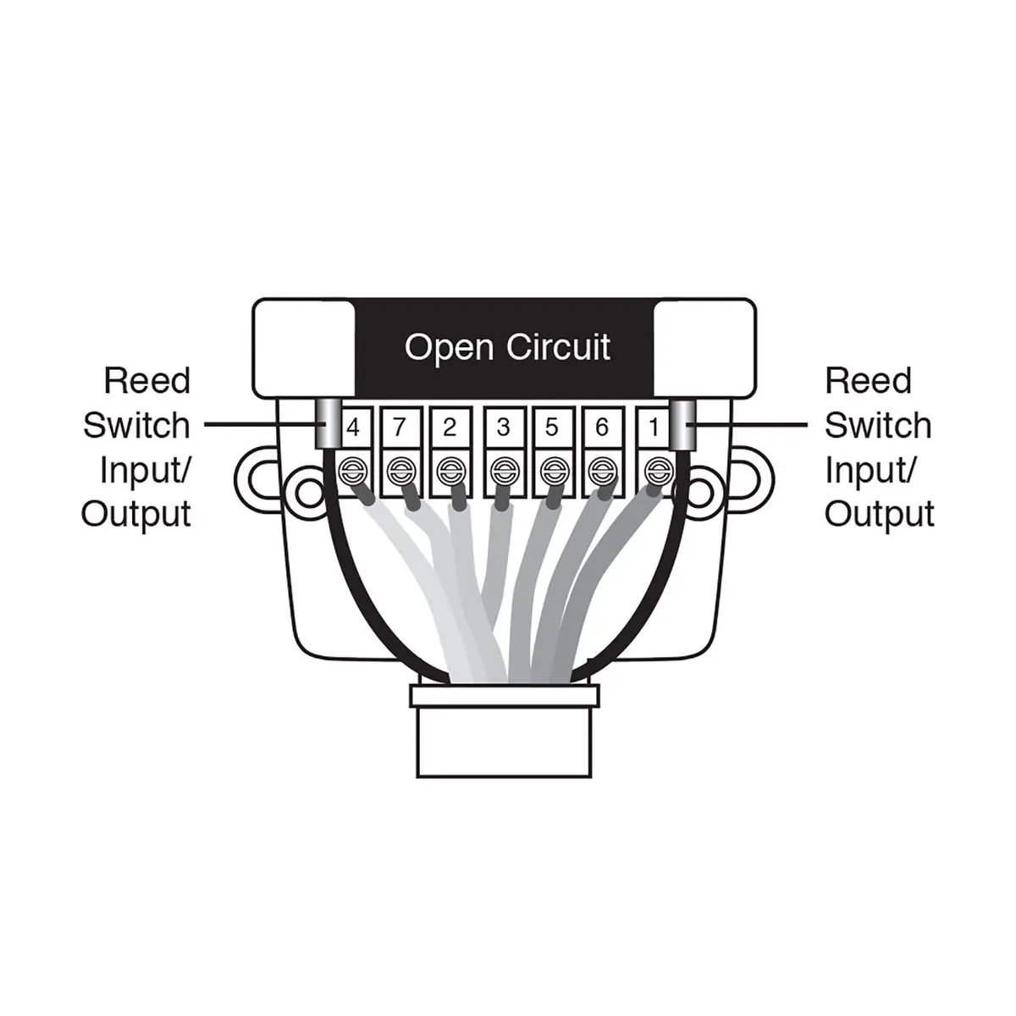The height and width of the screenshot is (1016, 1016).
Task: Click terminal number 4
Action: (353, 428)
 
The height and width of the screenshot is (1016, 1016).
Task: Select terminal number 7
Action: (401, 428)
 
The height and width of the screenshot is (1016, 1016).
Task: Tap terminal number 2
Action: (450, 428)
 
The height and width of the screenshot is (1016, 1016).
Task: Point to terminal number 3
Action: (504, 428)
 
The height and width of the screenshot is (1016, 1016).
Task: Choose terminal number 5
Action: (552, 428)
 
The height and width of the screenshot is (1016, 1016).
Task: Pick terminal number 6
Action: (601, 428)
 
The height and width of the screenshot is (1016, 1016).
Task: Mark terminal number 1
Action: (653, 428)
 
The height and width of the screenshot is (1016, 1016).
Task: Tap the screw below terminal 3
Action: (504, 468)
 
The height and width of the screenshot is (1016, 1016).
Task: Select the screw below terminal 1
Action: (655, 468)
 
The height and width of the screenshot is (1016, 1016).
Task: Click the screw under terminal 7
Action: (400, 468)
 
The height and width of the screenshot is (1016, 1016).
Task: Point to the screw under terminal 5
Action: (554, 468)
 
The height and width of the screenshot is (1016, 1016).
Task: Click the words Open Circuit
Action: (507, 347)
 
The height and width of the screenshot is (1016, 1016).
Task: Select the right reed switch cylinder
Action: (682, 425)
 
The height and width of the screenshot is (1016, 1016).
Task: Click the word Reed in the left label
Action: (147, 382)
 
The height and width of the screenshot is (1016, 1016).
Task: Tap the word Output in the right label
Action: (879, 514)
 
